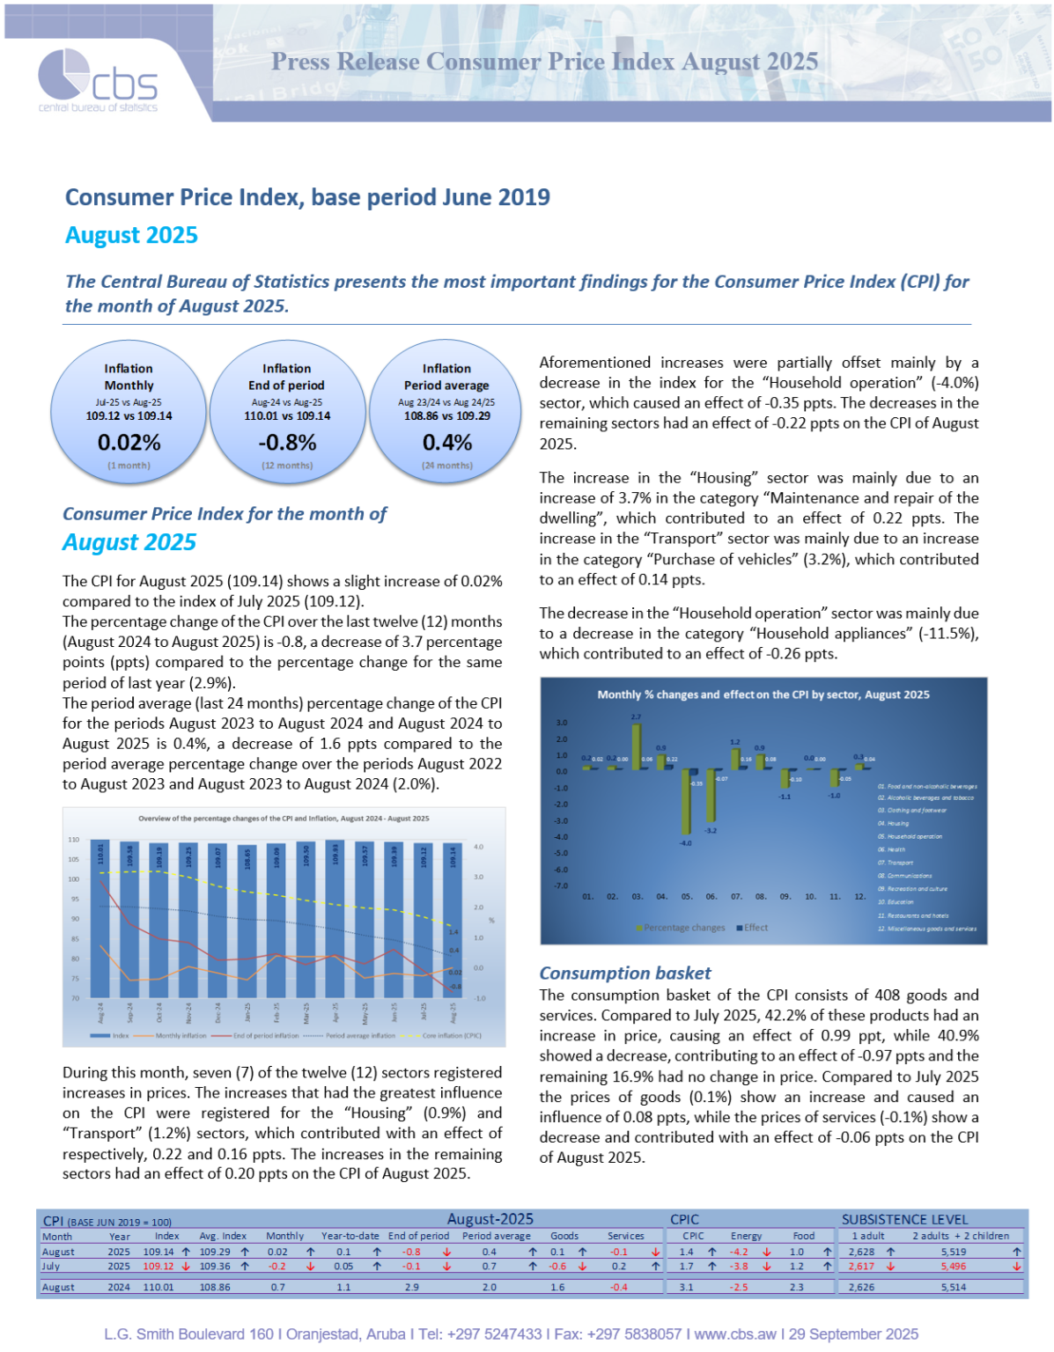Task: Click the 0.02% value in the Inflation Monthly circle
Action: (x=129, y=442)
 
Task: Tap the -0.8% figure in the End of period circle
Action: (x=287, y=442)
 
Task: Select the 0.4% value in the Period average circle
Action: (x=446, y=442)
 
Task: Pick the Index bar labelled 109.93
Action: (x=335, y=920)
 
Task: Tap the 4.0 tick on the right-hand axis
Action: (x=479, y=847)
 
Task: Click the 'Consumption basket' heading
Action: (x=624, y=973)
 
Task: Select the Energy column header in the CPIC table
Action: (x=746, y=1236)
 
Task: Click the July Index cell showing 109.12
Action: (x=158, y=1267)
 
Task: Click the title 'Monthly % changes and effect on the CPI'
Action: (x=763, y=694)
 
